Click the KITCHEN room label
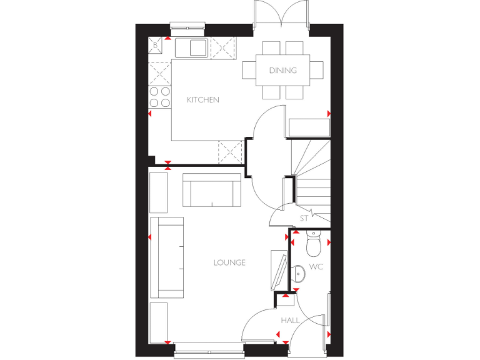tap(203, 100)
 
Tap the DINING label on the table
tap(282, 71)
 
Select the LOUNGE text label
tap(229, 262)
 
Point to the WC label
tap(316, 267)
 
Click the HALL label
tap(290, 320)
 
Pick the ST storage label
tap(304, 219)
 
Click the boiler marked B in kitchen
tap(156, 45)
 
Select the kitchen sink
tap(191, 47)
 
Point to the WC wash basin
tap(299, 273)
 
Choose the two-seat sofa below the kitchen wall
tap(212, 191)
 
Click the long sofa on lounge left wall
tap(167, 257)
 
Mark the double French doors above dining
tap(281, 14)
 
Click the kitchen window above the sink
tap(187, 26)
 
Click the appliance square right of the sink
tap(222, 47)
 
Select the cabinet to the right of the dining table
tap(309, 127)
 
